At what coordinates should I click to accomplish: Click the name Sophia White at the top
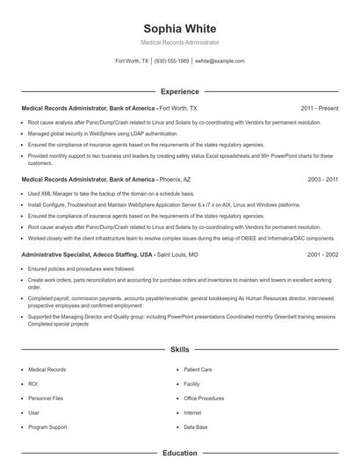(179, 25)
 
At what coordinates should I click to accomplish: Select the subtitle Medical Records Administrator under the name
(179, 42)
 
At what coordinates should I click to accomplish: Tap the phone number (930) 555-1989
(171, 61)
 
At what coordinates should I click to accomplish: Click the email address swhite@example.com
(219, 61)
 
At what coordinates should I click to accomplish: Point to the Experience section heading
(179, 91)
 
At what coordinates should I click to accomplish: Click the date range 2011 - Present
(319, 108)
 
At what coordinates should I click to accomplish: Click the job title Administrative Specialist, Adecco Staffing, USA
(87, 254)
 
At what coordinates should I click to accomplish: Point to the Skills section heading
(179, 349)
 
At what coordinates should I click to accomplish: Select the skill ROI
(33, 383)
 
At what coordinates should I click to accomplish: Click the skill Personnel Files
(46, 397)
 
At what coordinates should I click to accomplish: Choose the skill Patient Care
(198, 369)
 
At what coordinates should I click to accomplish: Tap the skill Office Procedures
(204, 397)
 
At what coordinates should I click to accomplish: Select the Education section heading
(179, 454)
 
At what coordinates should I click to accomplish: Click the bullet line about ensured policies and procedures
(81, 268)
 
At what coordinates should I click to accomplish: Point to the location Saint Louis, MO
(178, 254)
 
